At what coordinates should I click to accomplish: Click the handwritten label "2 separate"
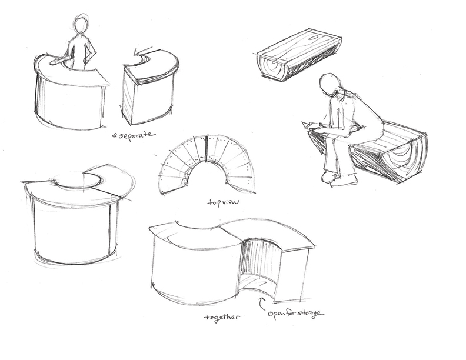click(x=134, y=135)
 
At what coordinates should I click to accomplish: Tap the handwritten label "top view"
click(x=223, y=202)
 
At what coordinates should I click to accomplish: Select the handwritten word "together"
click(x=221, y=317)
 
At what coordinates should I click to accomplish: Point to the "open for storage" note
click(x=295, y=314)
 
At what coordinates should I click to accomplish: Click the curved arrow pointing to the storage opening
click(x=261, y=304)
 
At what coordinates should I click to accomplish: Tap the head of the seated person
click(x=329, y=84)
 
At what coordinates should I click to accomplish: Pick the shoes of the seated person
click(x=339, y=178)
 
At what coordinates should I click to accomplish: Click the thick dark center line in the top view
click(x=206, y=149)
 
